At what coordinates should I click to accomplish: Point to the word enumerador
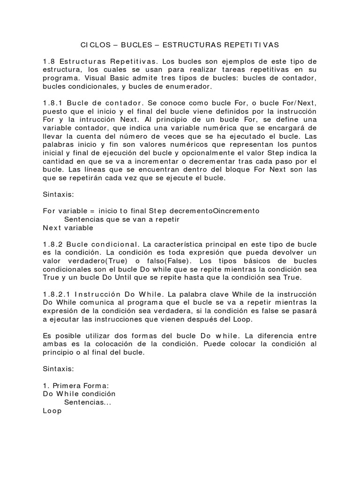(x=189, y=87)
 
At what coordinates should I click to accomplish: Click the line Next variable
(x=68, y=228)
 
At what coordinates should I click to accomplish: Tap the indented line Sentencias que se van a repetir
(x=122, y=219)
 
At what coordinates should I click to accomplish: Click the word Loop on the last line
(x=52, y=411)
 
